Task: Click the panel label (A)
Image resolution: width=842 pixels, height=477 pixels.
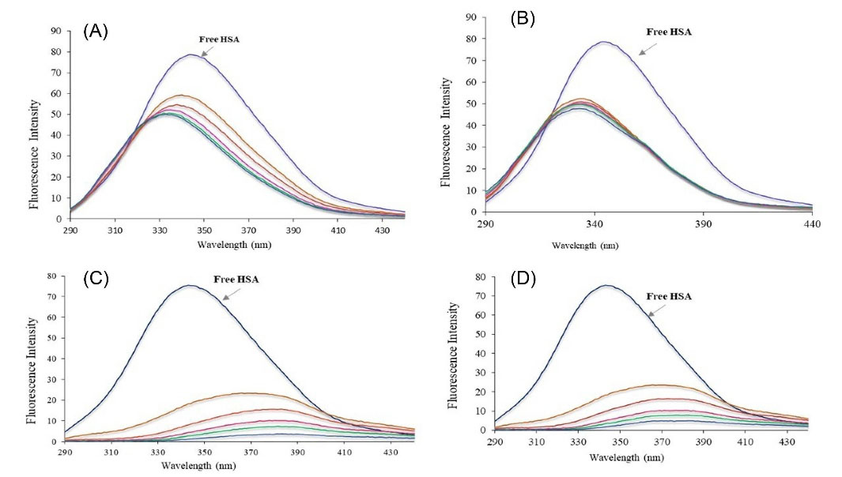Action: (96, 32)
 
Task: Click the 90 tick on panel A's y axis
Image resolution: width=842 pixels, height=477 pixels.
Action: (55, 32)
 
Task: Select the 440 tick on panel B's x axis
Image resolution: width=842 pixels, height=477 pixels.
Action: (812, 224)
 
